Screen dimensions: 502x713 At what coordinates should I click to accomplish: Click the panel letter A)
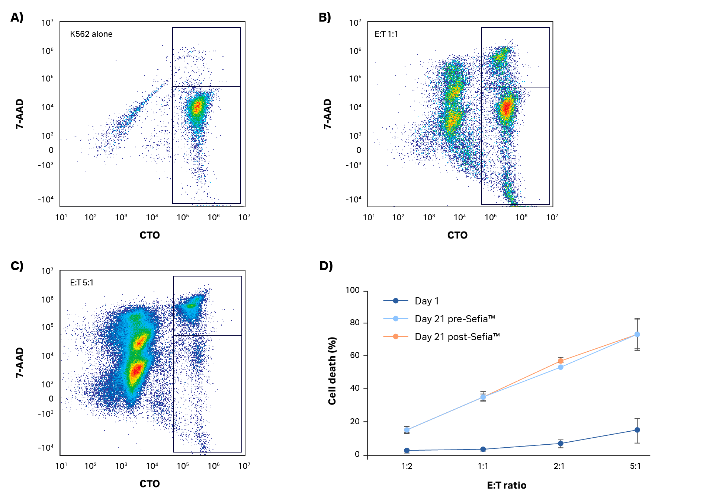coord(17,17)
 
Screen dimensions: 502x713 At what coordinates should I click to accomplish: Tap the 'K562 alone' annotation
coord(91,34)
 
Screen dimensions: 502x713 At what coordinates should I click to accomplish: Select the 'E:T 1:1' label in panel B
coord(386,34)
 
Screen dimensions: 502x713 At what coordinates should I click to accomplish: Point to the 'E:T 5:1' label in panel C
coord(81,283)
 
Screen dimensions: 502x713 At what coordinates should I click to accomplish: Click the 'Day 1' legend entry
coord(427,301)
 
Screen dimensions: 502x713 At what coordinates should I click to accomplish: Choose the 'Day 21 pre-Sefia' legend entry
coord(455,319)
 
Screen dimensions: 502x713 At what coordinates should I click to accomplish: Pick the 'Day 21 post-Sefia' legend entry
coord(457,337)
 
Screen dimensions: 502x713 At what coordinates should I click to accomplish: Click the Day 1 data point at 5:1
coord(637,430)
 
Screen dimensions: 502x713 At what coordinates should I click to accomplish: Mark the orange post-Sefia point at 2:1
coord(561,361)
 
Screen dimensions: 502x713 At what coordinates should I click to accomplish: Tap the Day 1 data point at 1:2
coord(407,450)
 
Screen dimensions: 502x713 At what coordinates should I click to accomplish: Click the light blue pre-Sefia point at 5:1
coord(637,335)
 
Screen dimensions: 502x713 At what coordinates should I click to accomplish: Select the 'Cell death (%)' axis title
coord(332,371)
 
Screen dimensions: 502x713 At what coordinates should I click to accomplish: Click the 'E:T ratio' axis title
coord(507,485)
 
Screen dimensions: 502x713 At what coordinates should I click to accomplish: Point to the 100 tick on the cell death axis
coord(352,290)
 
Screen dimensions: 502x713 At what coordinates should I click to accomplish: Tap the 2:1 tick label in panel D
coord(559,466)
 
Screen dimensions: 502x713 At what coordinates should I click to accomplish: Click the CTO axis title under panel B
coord(457,235)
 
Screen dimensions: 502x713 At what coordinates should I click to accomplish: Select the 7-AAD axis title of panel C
coord(20,362)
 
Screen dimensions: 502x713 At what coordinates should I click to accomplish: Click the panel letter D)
coord(326,266)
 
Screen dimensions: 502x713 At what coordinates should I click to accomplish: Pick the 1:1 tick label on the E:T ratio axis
coord(483,466)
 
